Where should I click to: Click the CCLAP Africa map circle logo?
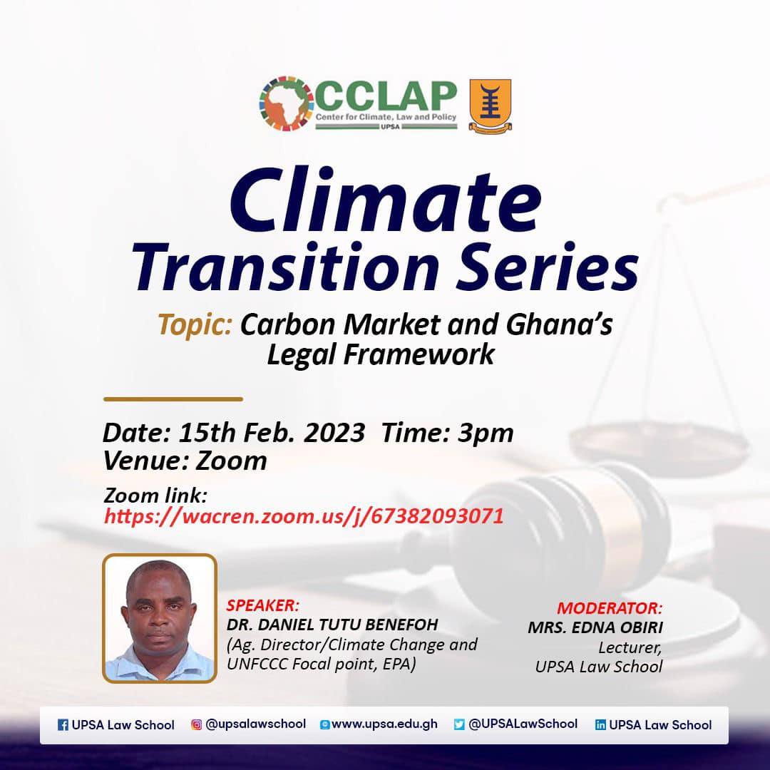tap(287, 103)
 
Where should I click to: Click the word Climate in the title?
tap(386, 200)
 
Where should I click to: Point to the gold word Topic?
tap(195, 325)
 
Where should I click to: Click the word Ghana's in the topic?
tap(560, 324)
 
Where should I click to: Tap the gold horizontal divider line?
tap(173, 399)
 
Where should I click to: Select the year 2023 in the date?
tap(334, 433)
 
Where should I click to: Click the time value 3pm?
tap(486, 433)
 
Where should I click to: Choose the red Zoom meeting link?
tap(304, 516)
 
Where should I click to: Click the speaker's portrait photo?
tap(160, 618)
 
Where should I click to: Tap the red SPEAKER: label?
tap(262, 605)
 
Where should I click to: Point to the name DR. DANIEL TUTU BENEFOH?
tap(332, 625)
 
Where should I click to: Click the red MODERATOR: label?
tap(610, 608)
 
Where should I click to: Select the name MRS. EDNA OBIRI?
tap(595, 627)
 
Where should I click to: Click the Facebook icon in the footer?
tap(63, 725)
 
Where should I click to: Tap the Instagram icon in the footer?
tap(197, 724)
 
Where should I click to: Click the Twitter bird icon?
tap(459, 724)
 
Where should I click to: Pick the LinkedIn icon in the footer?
tap(600, 725)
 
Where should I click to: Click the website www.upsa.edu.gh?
tap(384, 724)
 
